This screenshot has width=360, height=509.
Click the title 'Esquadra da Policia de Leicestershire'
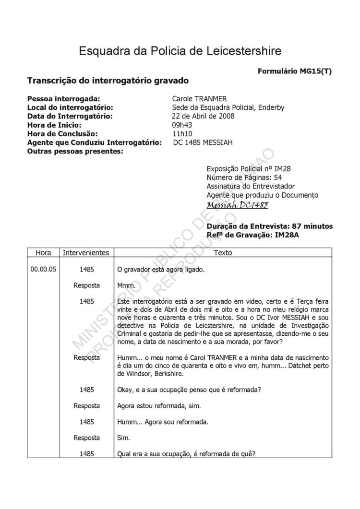[x=180, y=51]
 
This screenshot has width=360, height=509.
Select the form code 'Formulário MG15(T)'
[x=295, y=71]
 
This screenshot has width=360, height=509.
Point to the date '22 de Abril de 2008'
[x=203, y=116]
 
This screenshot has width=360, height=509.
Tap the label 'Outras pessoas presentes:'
[x=75, y=152]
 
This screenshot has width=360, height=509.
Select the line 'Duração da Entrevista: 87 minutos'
[x=269, y=226]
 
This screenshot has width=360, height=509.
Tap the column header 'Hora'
[x=43, y=252]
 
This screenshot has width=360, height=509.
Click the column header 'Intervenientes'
[x=86, y=252]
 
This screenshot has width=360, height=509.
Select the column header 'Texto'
[x=222, y=252]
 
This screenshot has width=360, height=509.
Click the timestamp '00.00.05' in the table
[x=43, y=270]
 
